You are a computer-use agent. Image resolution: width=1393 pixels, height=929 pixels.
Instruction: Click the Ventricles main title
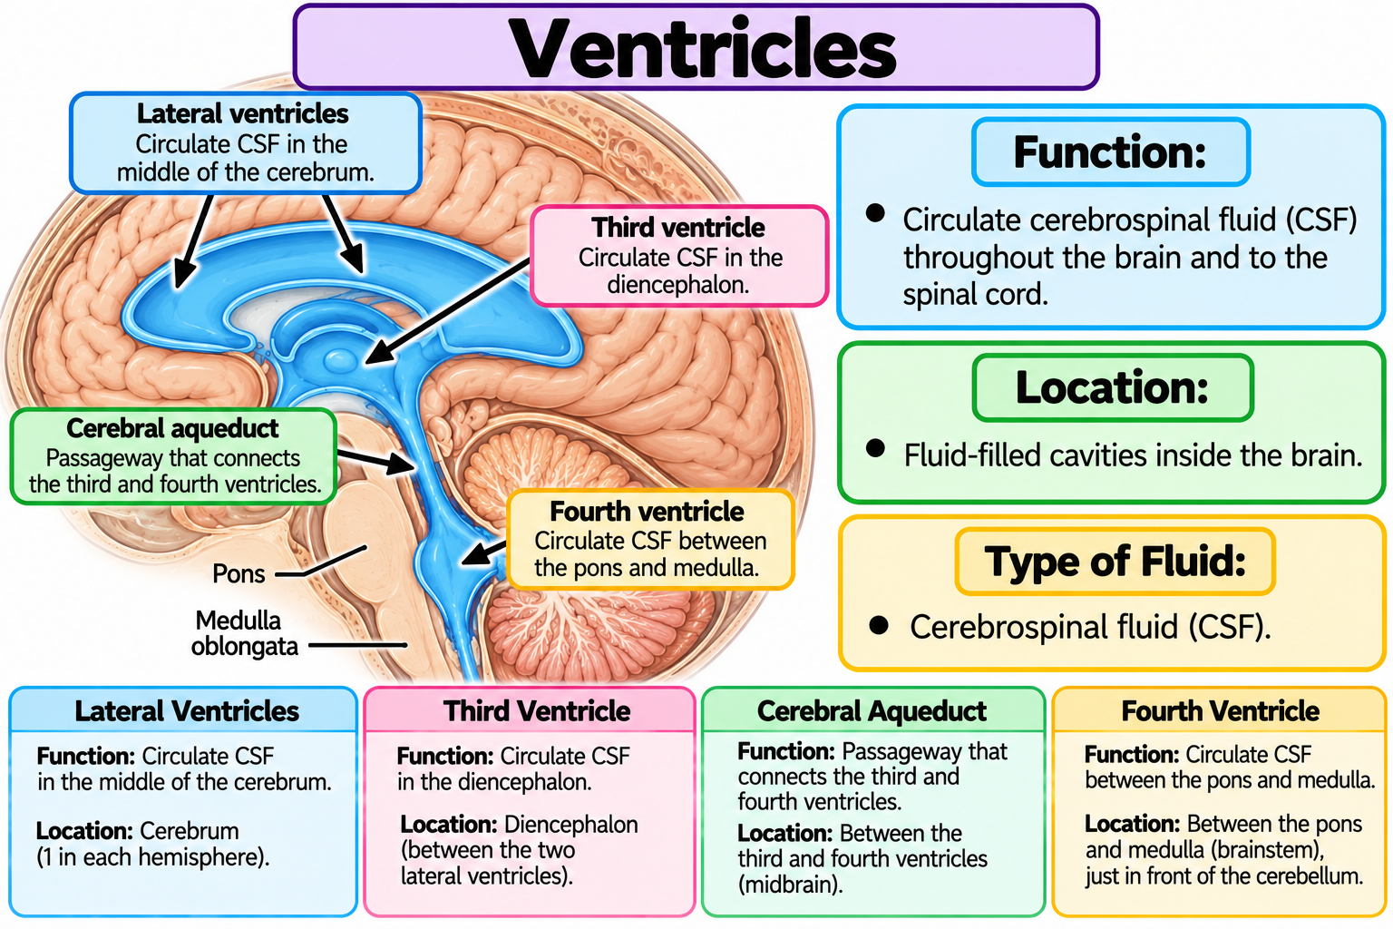coord(702,48)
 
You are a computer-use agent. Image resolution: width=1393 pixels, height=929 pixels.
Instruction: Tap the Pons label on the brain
coord(239,573)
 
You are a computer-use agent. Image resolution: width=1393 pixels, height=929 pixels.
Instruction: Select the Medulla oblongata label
coord(244,633)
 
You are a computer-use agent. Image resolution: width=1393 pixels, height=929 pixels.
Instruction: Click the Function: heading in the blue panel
coord(1110,152)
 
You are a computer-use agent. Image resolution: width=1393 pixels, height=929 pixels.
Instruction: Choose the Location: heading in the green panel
coord(1112,387)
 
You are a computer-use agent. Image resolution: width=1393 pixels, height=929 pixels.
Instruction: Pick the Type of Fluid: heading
coord(1115,562)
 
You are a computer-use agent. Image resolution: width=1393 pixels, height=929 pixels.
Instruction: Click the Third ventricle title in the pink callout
coord(677,228)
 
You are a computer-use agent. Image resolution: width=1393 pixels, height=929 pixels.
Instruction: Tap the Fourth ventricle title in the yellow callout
coord(647,512)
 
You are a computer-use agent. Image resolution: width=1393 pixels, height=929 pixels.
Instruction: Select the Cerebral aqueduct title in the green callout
coord(172,428)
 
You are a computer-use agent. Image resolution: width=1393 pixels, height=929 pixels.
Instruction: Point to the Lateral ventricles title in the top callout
coord(242,113)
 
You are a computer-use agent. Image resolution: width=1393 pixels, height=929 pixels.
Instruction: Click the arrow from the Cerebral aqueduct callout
coord(375,462)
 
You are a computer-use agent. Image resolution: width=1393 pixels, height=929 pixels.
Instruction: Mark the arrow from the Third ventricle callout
coord(447,311)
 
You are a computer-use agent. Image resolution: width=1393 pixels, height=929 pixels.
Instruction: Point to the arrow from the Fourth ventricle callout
coord(483,553)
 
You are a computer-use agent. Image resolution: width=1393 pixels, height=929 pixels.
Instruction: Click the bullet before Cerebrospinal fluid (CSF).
coord(879,625)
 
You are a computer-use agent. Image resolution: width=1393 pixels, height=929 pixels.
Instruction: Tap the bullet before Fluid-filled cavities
coord(875,448)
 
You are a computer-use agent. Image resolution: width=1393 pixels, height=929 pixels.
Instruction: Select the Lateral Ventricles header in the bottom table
coord(187,710)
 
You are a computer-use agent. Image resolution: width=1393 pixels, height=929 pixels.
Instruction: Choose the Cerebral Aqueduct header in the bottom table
coord(872,710)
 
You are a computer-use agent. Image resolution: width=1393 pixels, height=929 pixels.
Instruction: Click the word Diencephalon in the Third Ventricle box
coord(570,825)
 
